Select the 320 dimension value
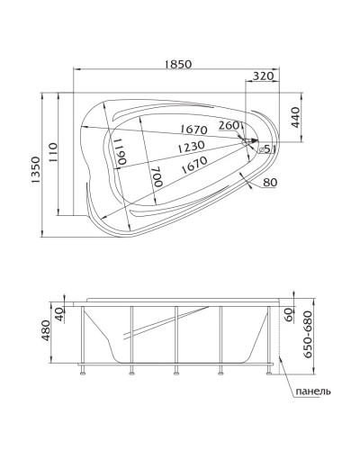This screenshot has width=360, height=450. [x=264, y=77]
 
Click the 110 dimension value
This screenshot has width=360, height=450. [x=53, y=153]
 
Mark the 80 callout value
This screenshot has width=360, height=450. [x=270, y=184]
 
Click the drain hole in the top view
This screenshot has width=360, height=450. [x=250, y=141]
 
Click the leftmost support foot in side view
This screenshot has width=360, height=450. [x=82, y=369]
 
